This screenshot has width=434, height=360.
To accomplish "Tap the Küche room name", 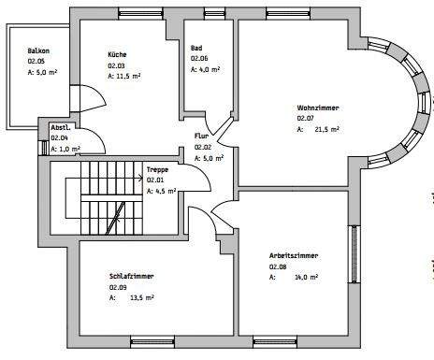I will [x=117, y=55].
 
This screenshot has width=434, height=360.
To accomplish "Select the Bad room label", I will [x=196, y=48].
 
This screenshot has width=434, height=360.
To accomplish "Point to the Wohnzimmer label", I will [x=318, y=108].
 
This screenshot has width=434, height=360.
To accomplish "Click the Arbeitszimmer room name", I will [x=290, y=254].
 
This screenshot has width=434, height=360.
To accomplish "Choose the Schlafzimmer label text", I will [x=131, y=277].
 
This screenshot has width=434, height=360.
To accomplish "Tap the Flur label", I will [x=202, y=137].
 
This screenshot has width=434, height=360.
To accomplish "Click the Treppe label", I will [x=157, y=169].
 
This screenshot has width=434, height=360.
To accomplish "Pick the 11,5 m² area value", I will [x=130, y=77].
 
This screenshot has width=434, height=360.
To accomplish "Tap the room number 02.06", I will [x=198, y=58].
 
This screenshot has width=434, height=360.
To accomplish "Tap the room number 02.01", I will [x=155, y=180].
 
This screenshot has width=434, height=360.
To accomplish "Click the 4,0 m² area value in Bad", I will [x=209, y=69].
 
